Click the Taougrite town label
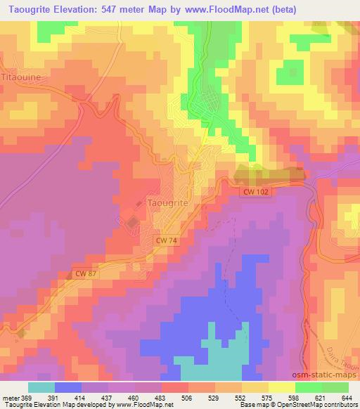(168, 202)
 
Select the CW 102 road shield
(258, 191)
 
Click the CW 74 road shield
(167, 240)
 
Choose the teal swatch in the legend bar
(41, 387)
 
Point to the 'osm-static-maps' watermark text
(329, 377)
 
